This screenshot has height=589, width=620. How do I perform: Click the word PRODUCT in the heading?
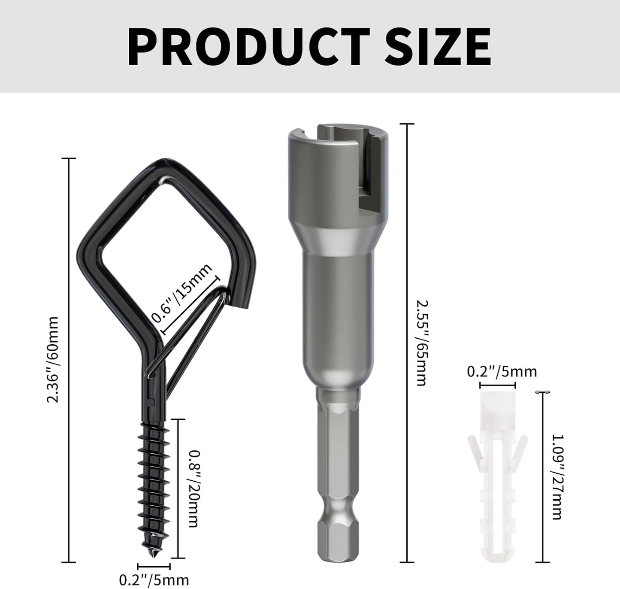248,46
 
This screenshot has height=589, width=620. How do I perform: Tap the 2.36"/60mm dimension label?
53,359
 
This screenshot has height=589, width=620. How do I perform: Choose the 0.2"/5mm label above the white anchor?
502,371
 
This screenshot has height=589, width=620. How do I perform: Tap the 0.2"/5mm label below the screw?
154,580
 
